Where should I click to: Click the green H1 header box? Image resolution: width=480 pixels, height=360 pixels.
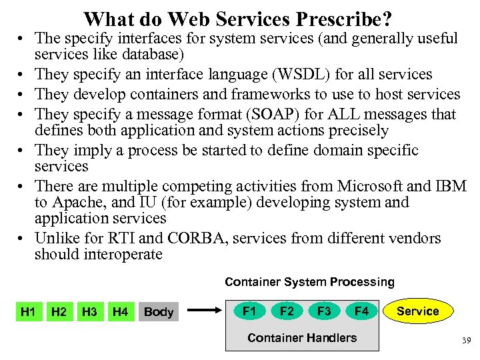coord(28,311)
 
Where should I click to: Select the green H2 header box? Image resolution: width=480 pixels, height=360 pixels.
coord(59,311)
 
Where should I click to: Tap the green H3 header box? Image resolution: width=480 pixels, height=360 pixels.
coord(89,311)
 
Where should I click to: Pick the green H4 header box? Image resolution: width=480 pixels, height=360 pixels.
coord(121,311)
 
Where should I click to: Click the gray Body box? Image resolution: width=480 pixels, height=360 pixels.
coord(159,312)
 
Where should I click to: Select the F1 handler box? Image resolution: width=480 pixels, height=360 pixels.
coord(249,311)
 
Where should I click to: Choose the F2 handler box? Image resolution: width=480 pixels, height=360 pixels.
coord(287,311)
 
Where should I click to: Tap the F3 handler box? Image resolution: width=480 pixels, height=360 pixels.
coord(324,311)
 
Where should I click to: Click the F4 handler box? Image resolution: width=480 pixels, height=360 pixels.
coord(361,311)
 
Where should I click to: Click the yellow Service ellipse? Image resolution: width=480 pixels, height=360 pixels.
coord(418,311)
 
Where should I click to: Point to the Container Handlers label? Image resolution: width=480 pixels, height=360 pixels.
coord(301,338)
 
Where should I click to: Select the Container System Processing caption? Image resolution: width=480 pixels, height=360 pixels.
coord(309,282)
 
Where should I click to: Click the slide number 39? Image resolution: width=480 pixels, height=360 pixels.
coord(466,341)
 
